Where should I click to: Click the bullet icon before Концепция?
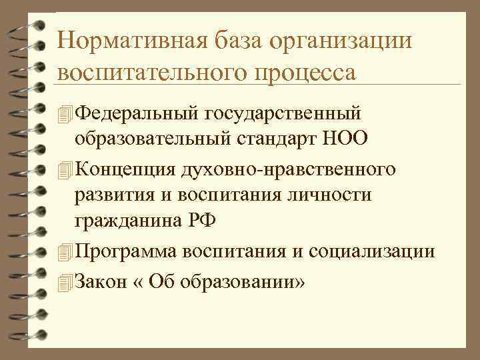coord(64,169)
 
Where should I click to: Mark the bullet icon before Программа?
coord(64,251)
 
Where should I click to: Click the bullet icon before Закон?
coord(64,281)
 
